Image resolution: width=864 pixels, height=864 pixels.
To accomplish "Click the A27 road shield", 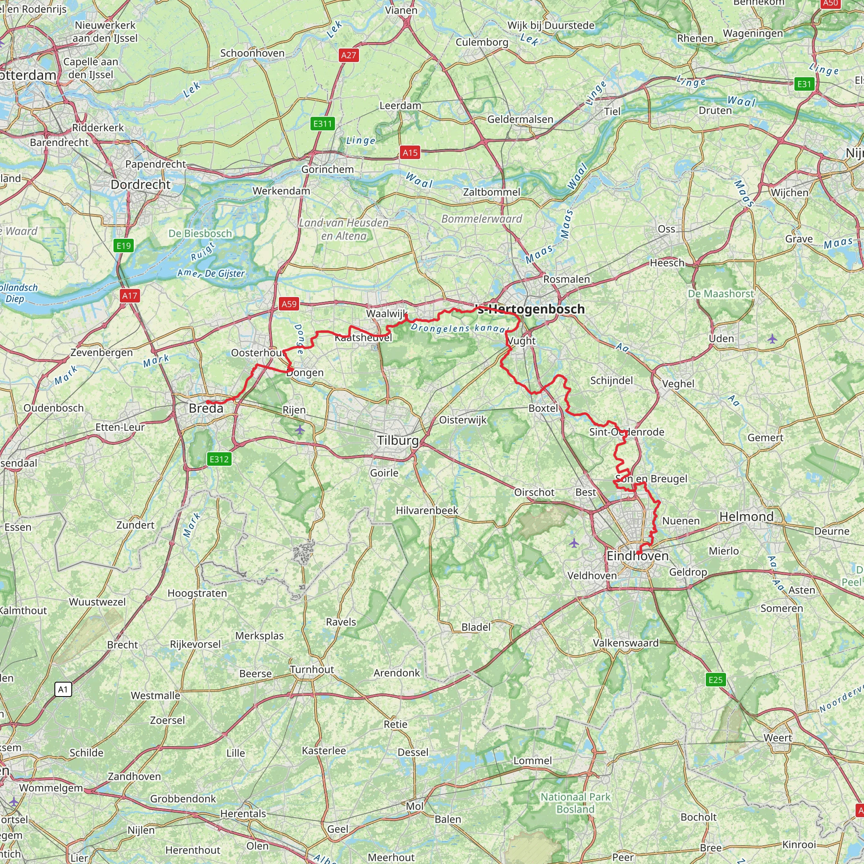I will (x=348, y=55).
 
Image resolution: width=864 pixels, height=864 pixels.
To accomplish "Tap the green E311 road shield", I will (x=322, y=124).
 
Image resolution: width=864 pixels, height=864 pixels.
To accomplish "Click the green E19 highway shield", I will (x=124, y=246).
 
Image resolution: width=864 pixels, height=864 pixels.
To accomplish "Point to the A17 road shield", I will (x=130, y=296).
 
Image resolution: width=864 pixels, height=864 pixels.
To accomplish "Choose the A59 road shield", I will (x=289, y=304).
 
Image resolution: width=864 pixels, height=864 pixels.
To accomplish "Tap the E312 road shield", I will (x=219, y=459).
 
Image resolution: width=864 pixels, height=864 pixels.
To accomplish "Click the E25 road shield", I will (x=715, y=680).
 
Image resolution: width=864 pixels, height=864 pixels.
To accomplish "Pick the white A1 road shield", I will (x=63, y=689).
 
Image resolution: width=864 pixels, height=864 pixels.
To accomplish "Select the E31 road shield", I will (x=804, y=84).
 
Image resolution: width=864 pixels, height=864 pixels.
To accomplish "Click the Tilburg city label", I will (x=397, y=440).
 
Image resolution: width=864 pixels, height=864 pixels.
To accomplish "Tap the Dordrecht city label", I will (x=140, y=185).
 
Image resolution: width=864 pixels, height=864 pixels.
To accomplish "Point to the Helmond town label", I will (x=746, y=516).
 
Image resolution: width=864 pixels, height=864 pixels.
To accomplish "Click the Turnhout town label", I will (x=312, y=670).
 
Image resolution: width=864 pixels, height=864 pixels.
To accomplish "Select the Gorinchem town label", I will (x=327, y=170).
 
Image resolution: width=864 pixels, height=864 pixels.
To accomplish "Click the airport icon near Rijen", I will (x=300, y=430).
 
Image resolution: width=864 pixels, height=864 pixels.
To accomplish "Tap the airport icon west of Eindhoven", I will (x=574, y=543).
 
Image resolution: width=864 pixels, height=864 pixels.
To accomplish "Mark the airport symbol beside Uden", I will (x=772, y=338).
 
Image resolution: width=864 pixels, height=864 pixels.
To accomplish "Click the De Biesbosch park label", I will (x=200, y=233).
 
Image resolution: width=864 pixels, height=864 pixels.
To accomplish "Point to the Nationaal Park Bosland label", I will (x=575, y=803).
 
